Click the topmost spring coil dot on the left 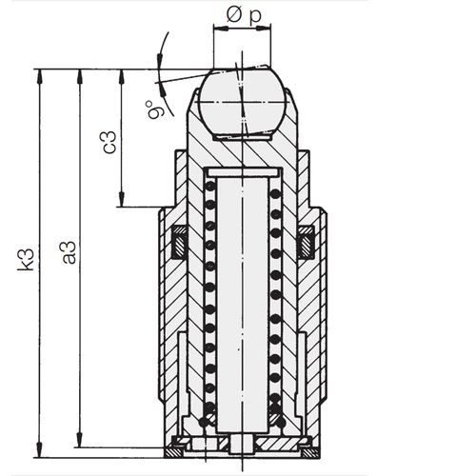(x=210, y=189)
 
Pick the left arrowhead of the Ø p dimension (x=218, y=31)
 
